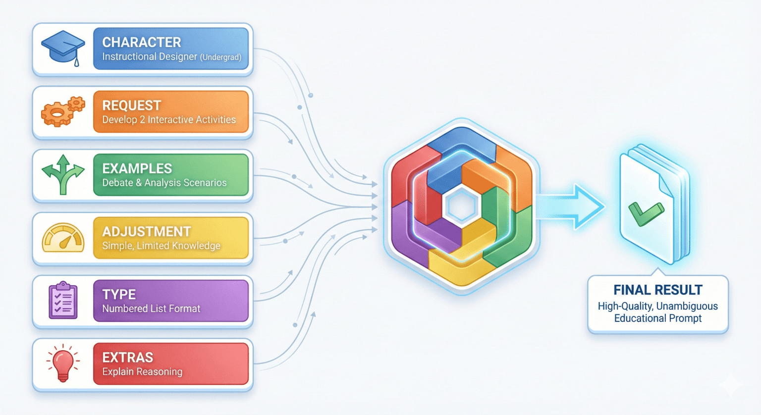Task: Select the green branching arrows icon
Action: click(x=63, y=174)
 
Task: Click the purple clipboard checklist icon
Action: click(x=63, y=300)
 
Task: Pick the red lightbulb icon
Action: click(x=63, y=363)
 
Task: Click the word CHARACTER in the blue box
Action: click(x=142, y=42)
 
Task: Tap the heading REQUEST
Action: click(x=132, y=105)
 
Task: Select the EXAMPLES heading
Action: click(x=137, y=168)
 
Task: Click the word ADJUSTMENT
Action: click(x=147, y=231)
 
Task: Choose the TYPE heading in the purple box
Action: click(x=119, y=294)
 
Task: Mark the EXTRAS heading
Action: click(x=128, y=357)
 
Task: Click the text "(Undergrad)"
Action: click(x=221, y=57)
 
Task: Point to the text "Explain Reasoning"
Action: click(x=142, y=371)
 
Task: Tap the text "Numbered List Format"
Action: click(x=151, y=309)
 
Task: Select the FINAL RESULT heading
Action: click(x=658, y=290)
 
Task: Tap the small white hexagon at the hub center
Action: click(x=462, y=206)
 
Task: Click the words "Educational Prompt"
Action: click(x=658, y=318)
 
